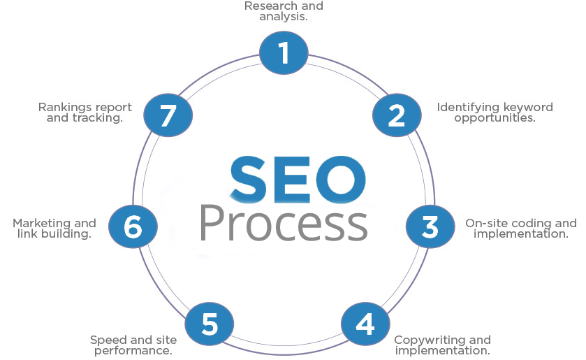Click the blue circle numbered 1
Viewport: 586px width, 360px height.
point(284,52)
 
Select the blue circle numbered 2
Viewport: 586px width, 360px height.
point(397,115)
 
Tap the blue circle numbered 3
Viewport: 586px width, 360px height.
point(430,226)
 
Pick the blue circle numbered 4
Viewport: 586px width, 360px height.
point(365,324)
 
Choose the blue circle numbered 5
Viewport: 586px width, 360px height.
point(210,324)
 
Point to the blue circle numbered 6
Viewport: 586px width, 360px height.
point(133,226)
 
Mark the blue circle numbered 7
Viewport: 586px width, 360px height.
point(168,115)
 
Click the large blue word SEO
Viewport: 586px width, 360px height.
point(298,180)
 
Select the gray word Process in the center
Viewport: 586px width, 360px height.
point(284,224)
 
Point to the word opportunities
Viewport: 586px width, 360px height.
point(495,118)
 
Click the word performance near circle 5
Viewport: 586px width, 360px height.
point(133,351)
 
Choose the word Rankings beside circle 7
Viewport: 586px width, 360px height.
point(64,108)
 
